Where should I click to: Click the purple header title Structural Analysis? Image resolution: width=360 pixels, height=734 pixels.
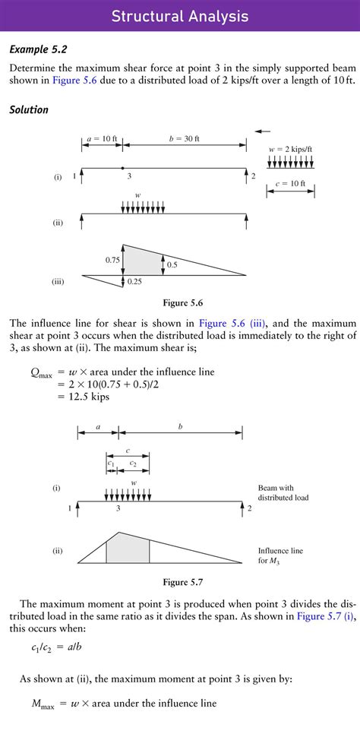pos(180,16)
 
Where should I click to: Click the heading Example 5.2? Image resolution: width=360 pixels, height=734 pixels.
pos(38,50)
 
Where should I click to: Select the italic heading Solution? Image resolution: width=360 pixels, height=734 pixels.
pos(29,110)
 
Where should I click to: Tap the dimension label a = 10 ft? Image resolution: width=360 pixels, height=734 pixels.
pos(102,139)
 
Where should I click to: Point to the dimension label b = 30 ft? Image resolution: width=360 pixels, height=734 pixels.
pos(184,139)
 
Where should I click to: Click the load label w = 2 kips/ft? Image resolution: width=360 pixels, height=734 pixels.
pos(291,149)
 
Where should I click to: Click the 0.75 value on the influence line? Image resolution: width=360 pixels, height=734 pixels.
pos(112,260)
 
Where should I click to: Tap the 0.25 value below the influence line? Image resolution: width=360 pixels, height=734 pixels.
pos(134,282)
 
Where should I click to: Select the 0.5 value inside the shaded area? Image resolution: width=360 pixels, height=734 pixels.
pos(172,265)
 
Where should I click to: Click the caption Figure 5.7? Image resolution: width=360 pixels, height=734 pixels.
pos(180,583)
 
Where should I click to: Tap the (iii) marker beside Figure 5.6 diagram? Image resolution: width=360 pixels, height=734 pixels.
pos(58,282)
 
